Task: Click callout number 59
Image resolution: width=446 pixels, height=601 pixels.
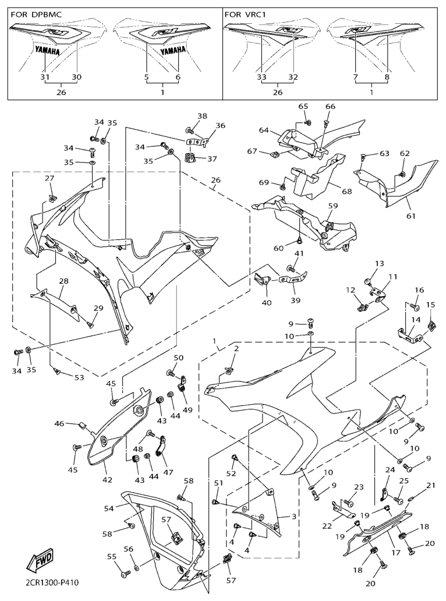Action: pyautogui.click(x=332, y=206)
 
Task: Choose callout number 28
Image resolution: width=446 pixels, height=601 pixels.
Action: pyautogui.click(x=62, y=281)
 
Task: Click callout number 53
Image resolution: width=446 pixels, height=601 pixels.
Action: pyautogui.click(x=78, y=377)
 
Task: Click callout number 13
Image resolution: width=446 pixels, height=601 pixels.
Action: pyautogui.click(x=379, y=264)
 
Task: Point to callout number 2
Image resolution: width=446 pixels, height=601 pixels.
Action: pyautogui.click(x=236, y=348)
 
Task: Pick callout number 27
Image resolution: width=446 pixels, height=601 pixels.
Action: pyautogui.click(x=49, y=179)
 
